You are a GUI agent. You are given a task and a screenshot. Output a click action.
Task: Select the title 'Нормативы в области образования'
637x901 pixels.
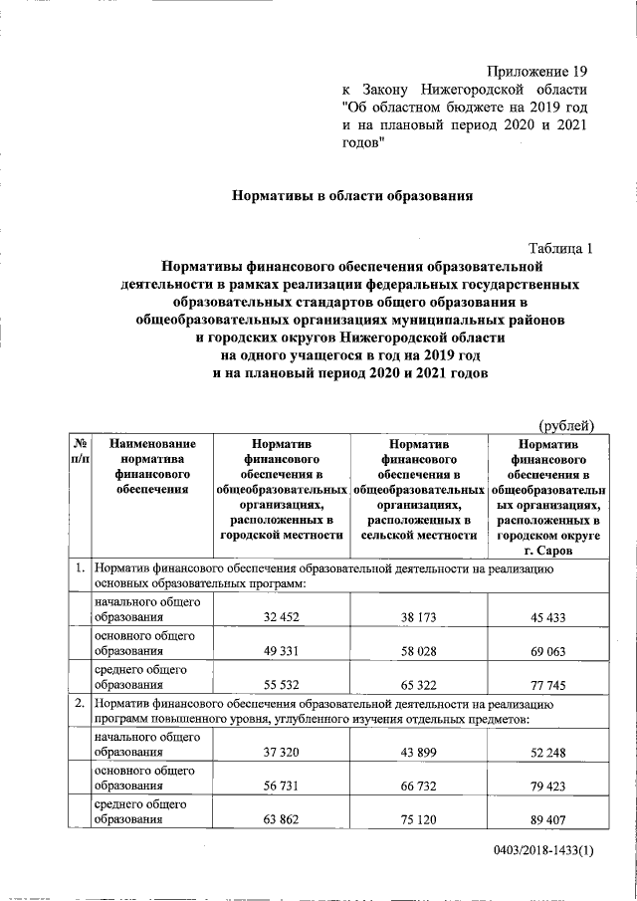tap(350, 196)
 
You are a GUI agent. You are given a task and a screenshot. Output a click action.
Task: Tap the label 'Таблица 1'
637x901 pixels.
tap(559, 249)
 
